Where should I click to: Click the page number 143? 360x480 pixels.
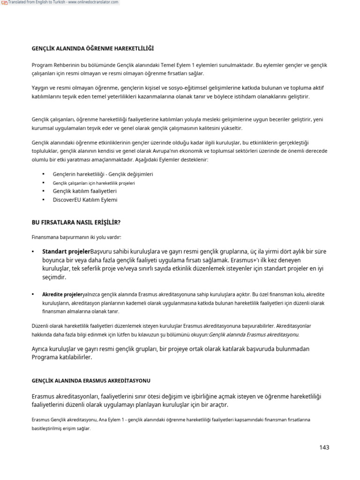point(324,447)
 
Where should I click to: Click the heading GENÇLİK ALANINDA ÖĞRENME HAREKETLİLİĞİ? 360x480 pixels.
point(92,48)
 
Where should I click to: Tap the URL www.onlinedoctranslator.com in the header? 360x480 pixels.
point(97,3)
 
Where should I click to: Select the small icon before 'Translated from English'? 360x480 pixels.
point(4,3)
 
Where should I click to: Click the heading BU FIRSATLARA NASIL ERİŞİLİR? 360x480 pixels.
point(79,222)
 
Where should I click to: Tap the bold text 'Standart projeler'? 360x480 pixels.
point(66,251)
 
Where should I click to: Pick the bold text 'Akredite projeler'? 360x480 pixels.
point(62,294)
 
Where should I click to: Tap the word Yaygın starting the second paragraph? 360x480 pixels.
point(41,88)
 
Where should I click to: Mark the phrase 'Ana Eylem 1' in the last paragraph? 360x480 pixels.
point(109,420)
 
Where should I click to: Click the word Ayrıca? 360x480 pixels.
point(41,349)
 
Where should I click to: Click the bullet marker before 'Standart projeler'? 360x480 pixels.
point(33,252)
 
